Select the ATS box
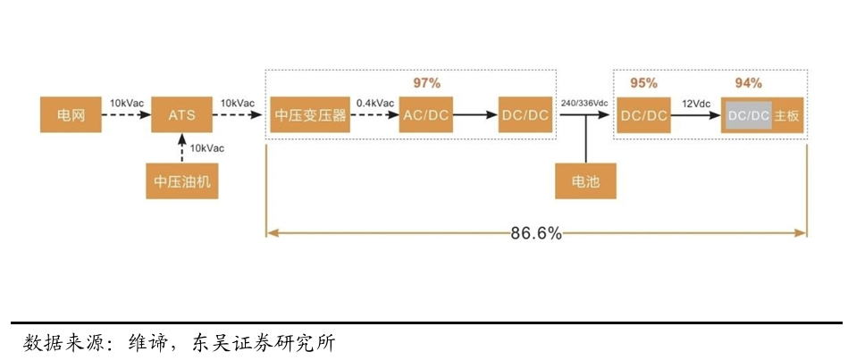pyautogui.click(x=181, y=115)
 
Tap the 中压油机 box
pyautogui.click(x=181, y=181)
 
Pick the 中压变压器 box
pyautogui.click(x=310, y=115)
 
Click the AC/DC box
pyautogui.click(x=425, y=115)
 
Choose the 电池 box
pyautogui.click(x=585, y=181)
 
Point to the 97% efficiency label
pyautogui.click(x=426, y=83)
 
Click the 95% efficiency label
pyautogui.click(x=643, y=83)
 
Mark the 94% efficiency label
pyautogui.click(x=748, y=83)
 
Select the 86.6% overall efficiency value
pyautogui.click(x=536, y=233)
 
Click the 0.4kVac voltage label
pyautogui.click(x=374, y=104)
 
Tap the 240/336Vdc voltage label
pyautogui.click(x=586, y=104)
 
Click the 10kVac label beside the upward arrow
pyautogui.click(x=208, y=147)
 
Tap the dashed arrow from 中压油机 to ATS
pyautogui.click(x=181, y=147)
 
